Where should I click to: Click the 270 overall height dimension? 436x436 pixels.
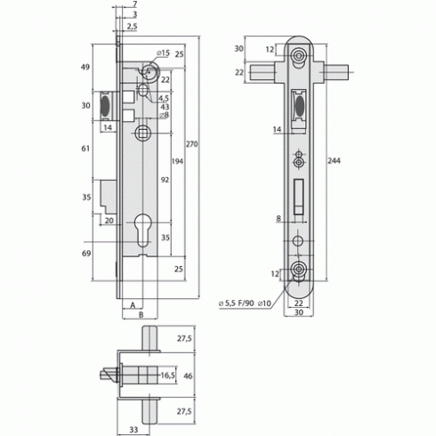tap(191, 144)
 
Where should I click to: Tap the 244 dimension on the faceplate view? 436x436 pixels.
tap(334, 161)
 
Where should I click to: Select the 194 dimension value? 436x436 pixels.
tap(177, 161)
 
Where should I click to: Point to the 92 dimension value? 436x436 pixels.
tap(165, 180)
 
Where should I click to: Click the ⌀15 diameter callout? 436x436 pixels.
tap(164, 53)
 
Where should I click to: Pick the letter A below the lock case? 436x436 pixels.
tap(133, 305)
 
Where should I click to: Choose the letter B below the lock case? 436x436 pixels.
tap(141, 315)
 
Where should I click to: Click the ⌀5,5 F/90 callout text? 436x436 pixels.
tap(237, 303)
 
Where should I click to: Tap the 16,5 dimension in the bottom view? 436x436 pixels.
tap(167, 375)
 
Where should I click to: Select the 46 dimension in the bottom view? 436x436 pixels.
tap(188, 375)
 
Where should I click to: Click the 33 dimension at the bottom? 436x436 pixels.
tap(133, 429)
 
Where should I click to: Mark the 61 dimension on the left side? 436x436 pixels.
tap(85, 149)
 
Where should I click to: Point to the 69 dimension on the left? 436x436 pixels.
tap(86, 254)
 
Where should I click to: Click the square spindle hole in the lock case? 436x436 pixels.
tap(143, 133)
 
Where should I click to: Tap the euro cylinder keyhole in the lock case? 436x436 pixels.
tap(142, 230)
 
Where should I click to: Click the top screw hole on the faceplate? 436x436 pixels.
tap(298, 55)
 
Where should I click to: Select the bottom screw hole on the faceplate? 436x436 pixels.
tap(298, 269)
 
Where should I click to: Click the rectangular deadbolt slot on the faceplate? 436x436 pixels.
tap(299, 197)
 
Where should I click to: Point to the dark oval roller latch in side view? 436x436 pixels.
tap(105, 106)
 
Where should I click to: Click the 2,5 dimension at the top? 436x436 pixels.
tap(133, 27)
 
